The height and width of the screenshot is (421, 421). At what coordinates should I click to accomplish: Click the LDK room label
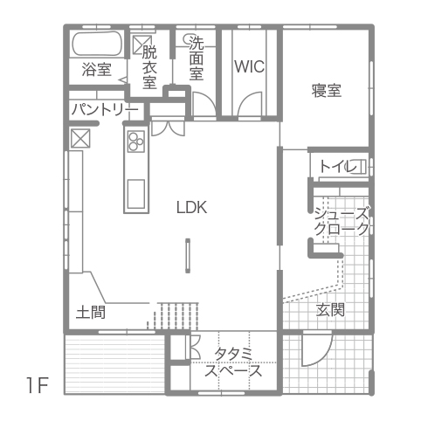click(x=192, y=207)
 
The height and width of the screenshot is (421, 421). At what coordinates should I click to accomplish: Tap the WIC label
click(x=250, y=66)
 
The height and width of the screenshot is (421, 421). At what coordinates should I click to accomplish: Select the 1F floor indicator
click(x=38, y=385)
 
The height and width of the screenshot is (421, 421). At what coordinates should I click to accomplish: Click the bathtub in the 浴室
click(x=97, y=44)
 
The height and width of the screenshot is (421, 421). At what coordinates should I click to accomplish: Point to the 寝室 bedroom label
click(x=327, y=91)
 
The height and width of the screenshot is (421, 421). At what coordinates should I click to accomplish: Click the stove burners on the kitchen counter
click(x=136, y=141)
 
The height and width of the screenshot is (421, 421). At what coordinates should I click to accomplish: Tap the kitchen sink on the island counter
click(x=136, y=194)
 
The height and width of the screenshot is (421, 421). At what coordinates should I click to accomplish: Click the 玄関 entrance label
click(x=330, y=309)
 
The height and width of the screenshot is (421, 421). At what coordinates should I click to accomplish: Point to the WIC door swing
click(x=250, y=104)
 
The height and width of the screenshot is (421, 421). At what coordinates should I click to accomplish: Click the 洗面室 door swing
click(x=204, y=104)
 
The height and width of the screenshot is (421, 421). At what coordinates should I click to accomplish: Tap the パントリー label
click(x=105, y=109)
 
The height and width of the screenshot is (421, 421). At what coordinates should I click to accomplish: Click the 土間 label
click(x=91, y=313)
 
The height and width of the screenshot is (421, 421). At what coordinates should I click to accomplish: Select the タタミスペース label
click(x=233, y=362)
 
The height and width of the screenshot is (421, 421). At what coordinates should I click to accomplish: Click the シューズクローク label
click(x=342, y=221)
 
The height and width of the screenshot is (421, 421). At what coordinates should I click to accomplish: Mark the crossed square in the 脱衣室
click(x=142, y=45)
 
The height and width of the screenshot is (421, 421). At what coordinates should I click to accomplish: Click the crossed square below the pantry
click(x=80, y=138)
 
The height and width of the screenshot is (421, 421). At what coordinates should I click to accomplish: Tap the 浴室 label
click(x=96, y=69)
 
